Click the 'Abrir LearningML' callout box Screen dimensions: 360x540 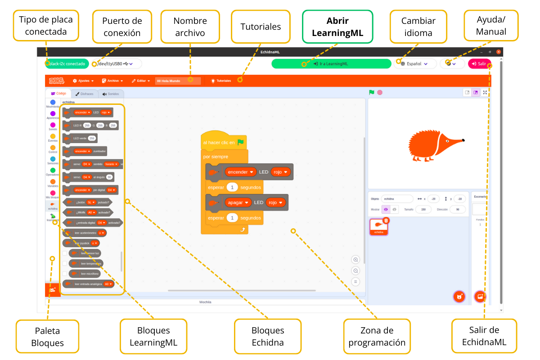337,27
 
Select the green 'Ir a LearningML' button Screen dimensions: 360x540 331,64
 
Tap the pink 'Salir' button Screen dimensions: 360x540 479,64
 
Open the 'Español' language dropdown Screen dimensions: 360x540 415,64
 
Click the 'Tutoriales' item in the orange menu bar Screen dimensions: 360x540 221,81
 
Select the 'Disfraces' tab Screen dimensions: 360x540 85,94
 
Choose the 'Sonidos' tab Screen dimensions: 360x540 111,94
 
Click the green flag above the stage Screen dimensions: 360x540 372,92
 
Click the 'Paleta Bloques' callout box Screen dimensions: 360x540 47,337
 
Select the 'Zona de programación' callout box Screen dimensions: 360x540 377,336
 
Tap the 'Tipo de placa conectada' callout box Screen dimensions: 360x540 46,26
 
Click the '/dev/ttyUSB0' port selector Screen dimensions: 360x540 116,64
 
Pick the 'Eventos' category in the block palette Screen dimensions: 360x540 53,138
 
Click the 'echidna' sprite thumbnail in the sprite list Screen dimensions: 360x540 379,227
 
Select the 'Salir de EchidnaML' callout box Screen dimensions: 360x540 484,336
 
